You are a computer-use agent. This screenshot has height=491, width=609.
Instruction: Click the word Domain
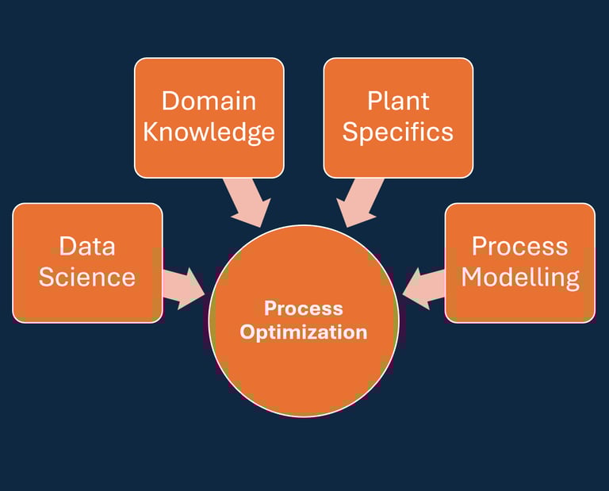pos(209,101)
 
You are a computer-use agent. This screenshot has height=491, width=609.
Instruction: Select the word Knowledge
pos(209,132)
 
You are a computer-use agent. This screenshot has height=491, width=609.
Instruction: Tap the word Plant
pos(398,101)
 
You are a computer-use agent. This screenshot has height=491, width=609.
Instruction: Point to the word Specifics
pos(398,132)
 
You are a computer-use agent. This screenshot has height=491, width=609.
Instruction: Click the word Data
pos(87,246)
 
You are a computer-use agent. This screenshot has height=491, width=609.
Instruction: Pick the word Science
pos(87,277)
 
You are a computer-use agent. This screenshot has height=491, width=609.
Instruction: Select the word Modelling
pos(520,277)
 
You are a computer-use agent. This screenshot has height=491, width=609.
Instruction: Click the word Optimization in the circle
pos(304,332)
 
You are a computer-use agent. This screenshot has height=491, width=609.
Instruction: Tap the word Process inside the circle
pos(304,308)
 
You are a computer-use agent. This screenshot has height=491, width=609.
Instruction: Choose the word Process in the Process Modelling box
pos(520,246)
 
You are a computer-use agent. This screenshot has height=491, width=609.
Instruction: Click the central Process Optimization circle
pos(304,373)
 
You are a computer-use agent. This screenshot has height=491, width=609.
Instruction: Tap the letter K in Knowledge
pos(151,132)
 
